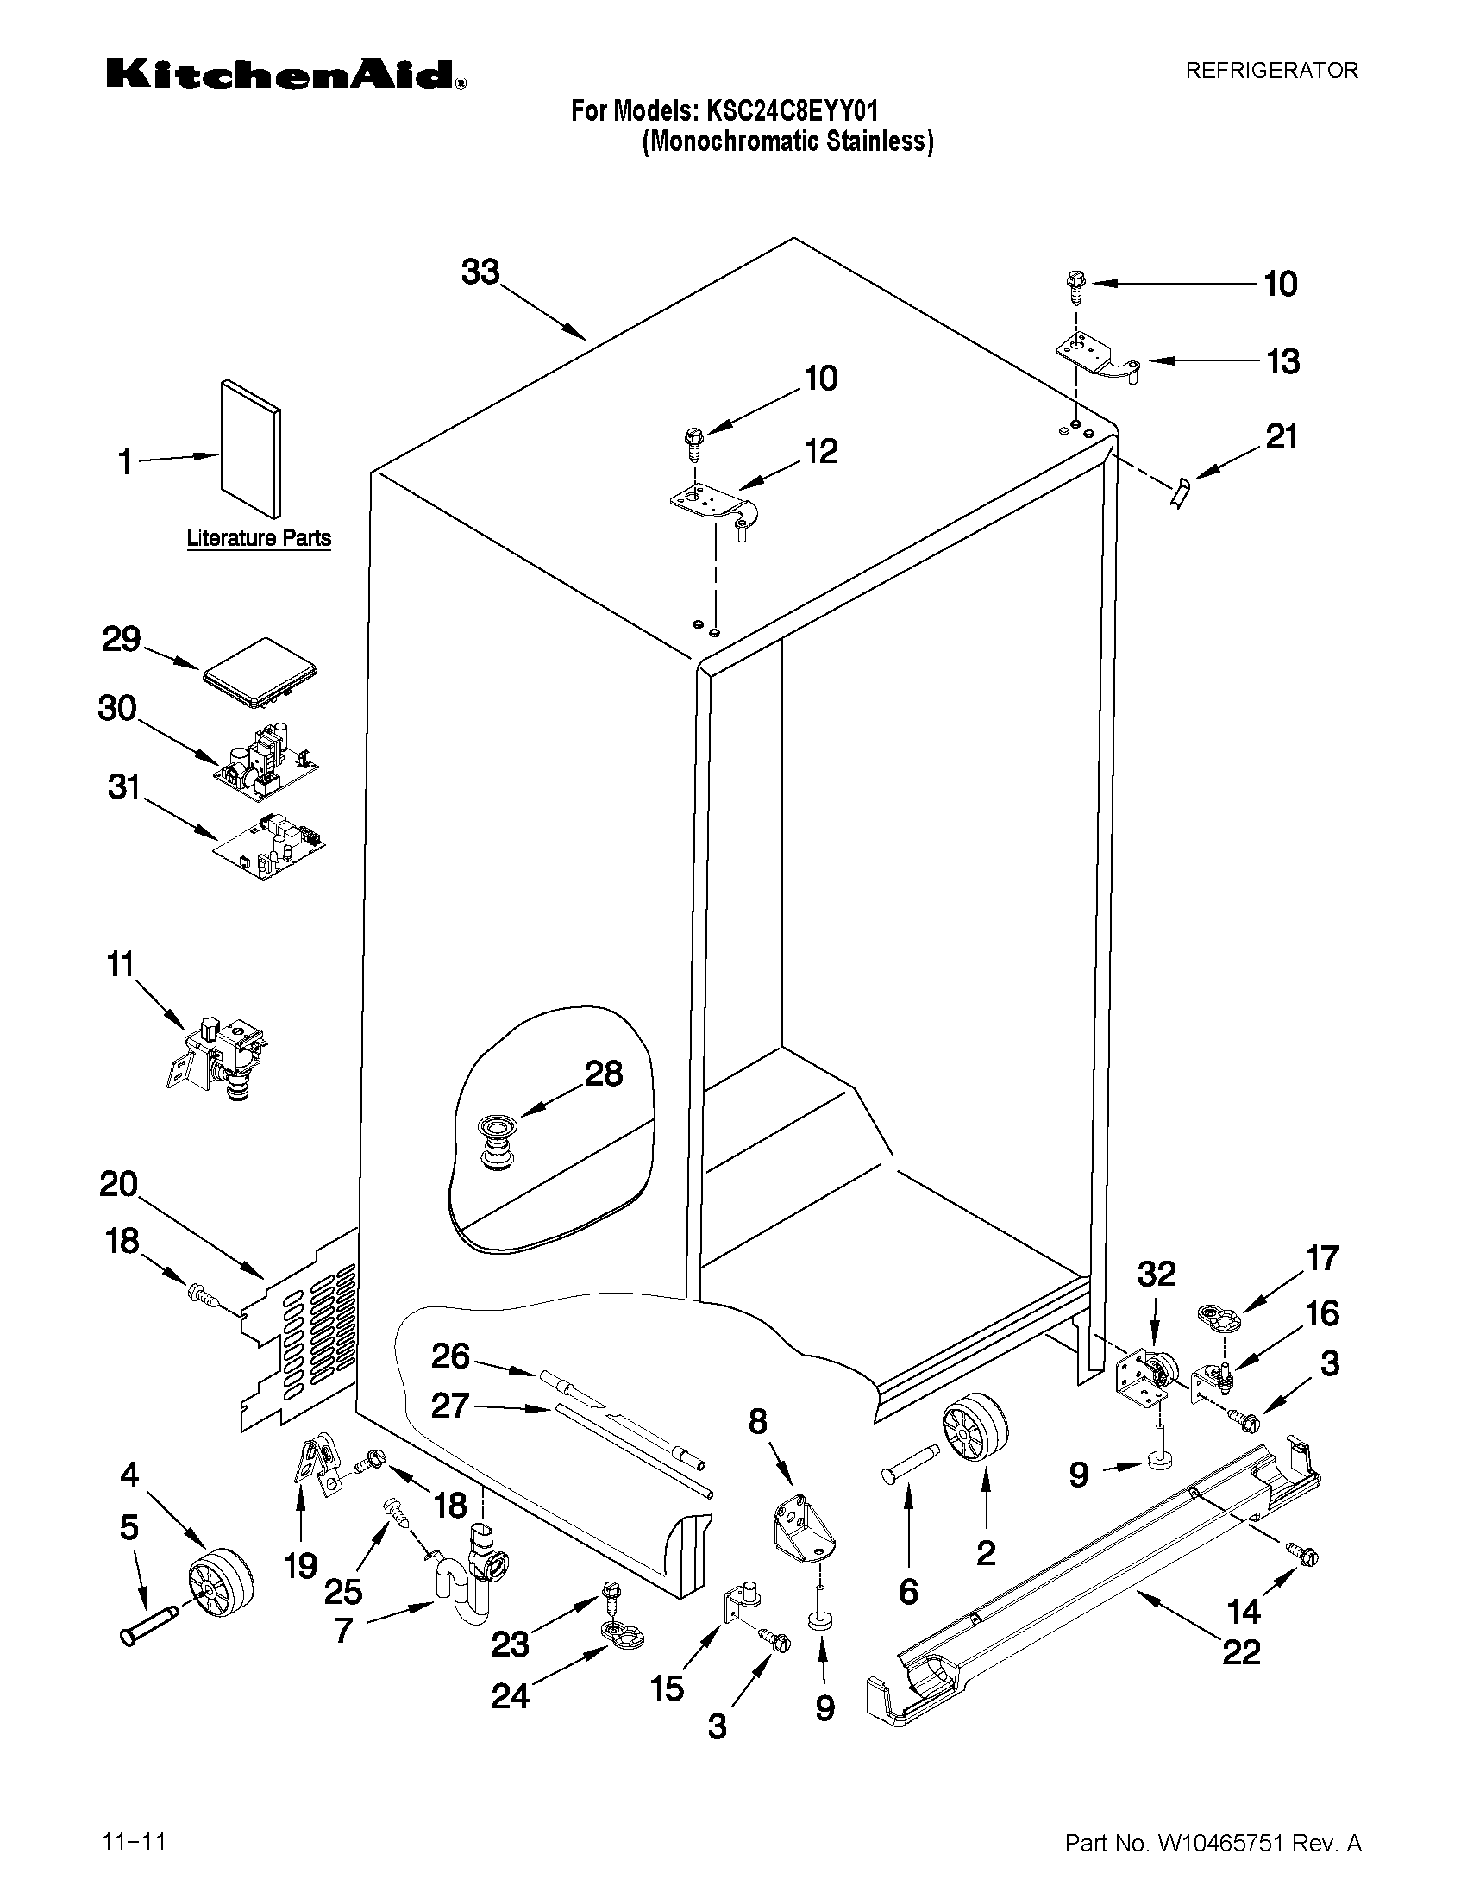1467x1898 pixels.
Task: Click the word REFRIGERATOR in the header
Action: tap(1271, 71)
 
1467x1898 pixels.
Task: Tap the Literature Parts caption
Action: tap(259, 538)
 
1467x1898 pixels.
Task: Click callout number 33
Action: tap(480, 272)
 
